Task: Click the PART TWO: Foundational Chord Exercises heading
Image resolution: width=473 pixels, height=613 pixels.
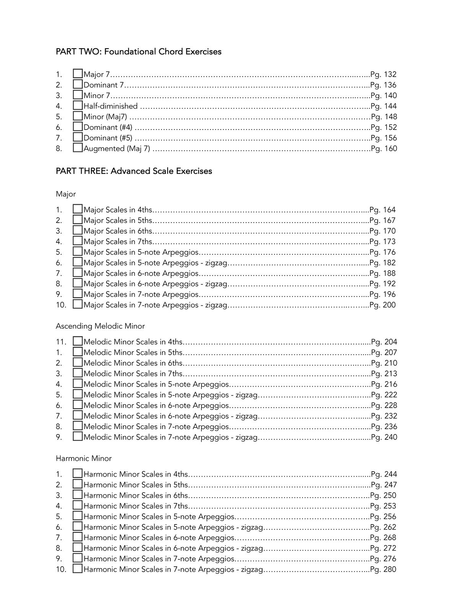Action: tap(139, 51)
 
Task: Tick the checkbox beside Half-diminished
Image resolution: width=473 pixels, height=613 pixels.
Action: tap(78, 105)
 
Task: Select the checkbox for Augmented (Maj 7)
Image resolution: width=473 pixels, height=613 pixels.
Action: tap(78, 148)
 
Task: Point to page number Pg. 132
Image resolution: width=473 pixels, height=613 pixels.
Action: tap(383, 74)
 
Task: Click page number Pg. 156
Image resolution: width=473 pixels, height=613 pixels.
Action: tap(383, 138)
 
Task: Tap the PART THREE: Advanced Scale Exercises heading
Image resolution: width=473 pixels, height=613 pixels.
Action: tap(134, 171)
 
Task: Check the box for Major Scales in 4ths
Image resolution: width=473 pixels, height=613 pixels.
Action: tap(78, 209)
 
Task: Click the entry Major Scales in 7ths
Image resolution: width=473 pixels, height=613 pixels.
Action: tap(118, 242)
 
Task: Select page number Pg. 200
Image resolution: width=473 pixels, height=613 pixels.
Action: tap(383, 305)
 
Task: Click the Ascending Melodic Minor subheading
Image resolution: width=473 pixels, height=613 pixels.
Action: tap(100, 326)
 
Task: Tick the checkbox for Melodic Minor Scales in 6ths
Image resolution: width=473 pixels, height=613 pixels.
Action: tap(78, 362)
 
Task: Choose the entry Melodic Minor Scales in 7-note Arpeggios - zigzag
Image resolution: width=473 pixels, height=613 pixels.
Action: tap(171, 437)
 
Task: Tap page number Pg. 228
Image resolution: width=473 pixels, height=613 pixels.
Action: tap(384, 405)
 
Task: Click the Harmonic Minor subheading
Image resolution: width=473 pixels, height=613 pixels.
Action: tap(84, 458)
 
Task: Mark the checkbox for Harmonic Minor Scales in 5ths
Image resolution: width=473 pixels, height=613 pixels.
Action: tap(78, 484)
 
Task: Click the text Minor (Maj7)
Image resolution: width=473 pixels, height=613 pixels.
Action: tap(105, 117)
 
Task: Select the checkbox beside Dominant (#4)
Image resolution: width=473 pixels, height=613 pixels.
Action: tap(78, 127)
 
